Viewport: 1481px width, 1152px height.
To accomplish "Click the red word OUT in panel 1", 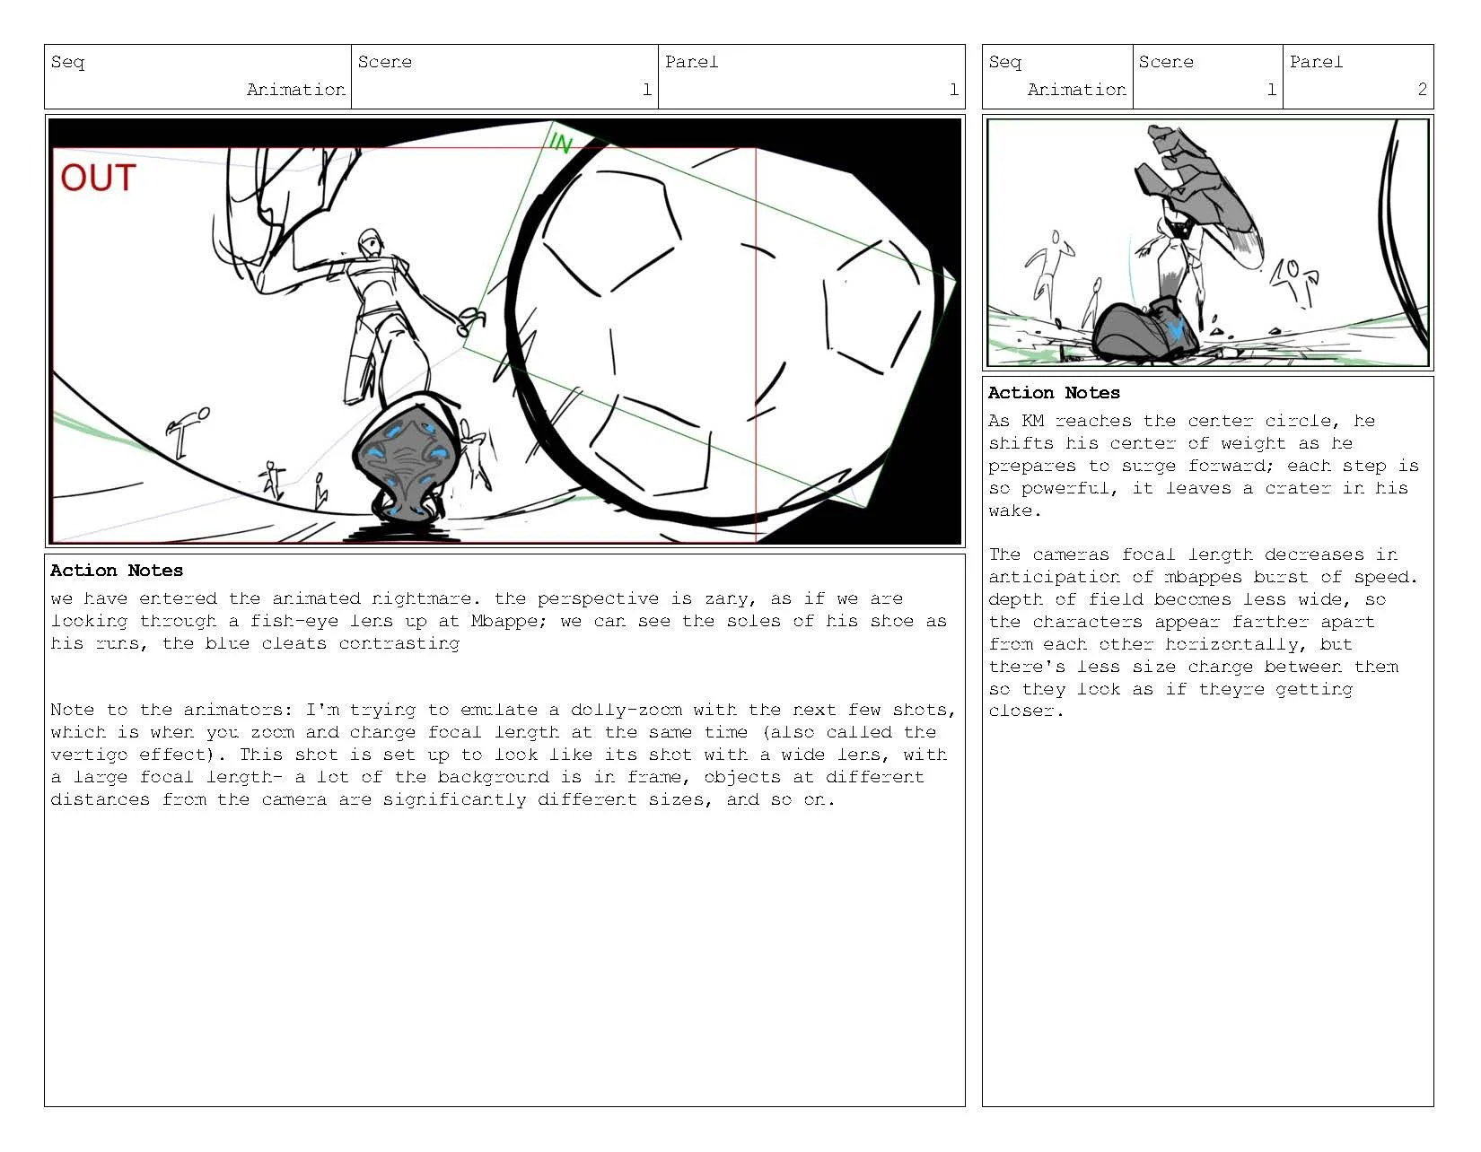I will [98, 178].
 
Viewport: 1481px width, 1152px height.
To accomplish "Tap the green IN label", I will [560, 143].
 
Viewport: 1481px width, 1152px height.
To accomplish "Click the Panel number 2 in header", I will [1422, 89].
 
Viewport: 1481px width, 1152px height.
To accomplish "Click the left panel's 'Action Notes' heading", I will [117, 571].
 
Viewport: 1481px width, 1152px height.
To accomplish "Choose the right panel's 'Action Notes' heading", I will [1054, 393].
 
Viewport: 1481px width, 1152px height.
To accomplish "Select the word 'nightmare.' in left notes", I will [426, 598].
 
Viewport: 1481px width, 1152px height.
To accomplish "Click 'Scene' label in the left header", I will [384, 62].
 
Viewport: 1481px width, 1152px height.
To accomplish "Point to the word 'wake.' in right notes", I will [1014, 511].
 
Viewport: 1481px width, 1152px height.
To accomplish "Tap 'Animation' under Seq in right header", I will [1076, 89].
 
